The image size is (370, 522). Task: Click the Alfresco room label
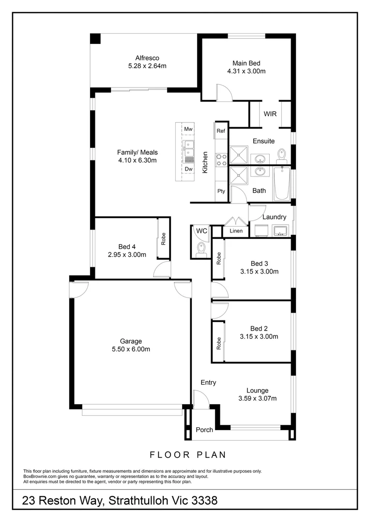click(x=147, y=58)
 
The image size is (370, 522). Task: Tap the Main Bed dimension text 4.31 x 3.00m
click(x=246, y=71)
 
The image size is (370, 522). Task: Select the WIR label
click(x=270, y=114)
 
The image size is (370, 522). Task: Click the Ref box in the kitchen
click(x=221, y=131)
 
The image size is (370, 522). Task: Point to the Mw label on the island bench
click(x=188, y=130)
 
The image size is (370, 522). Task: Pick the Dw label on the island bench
click(x=188, y=169)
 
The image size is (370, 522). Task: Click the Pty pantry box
click(x=221, y=191)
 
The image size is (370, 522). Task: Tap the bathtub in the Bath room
click(x=281, y=183)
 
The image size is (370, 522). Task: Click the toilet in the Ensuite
click(x=281, y=156)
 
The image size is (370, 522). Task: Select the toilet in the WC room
click(x=201, y=248)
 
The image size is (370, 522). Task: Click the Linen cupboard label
click(x=236, y=231)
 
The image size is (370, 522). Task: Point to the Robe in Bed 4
click(x=163, y=238)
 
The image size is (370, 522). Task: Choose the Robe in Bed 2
click(x=219, y=343)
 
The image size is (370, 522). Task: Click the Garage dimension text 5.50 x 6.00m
click(x=131, y=349)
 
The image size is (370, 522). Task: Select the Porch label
click(x=204, y=430)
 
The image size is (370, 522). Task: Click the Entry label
click(x=208, y=383)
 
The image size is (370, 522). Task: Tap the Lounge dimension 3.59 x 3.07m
click(x=257, y=398)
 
